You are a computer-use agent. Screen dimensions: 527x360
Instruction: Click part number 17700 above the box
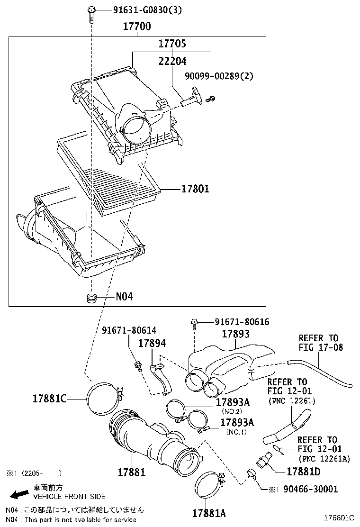[x=137, y=27]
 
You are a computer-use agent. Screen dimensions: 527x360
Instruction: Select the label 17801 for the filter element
[x=195, y=189]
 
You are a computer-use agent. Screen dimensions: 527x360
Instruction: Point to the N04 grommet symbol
[x=90, y=298]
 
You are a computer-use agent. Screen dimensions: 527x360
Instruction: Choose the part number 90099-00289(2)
[x=219, y=75]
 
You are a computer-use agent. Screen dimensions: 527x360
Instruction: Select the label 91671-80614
[x=129, y=330]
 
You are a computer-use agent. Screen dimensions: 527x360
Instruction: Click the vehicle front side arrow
[x=19, y=494]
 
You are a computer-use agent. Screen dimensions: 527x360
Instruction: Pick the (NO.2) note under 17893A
[x=234, y=411]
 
